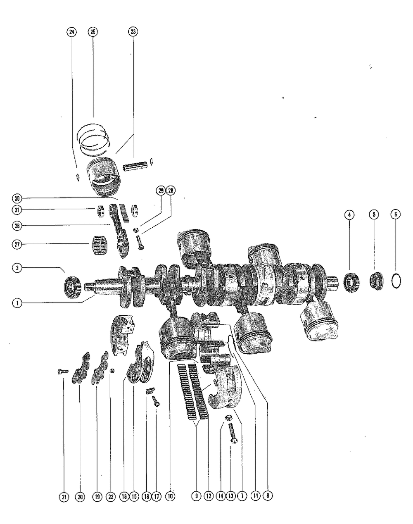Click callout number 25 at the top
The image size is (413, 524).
point(93,32)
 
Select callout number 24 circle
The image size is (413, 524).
point(71,32)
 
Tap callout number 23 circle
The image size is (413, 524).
point(133,32)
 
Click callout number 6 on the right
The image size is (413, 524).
point(395,214)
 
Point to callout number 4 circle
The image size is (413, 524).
point(349,214)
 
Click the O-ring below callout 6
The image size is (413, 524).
point(396,281)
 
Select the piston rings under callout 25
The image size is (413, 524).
point(95,138)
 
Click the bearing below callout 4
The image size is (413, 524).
point(351,281)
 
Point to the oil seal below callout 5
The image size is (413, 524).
point(375,281)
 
